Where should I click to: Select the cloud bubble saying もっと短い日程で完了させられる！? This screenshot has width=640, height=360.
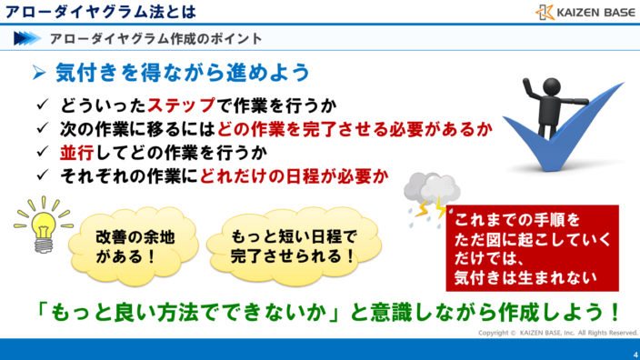click(x=282, y=244)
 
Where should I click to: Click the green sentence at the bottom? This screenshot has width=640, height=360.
click(x=319, y=311)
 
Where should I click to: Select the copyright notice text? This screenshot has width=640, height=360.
click(x=554, y=334)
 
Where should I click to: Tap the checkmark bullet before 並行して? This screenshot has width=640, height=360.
click(x=43, y=151)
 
